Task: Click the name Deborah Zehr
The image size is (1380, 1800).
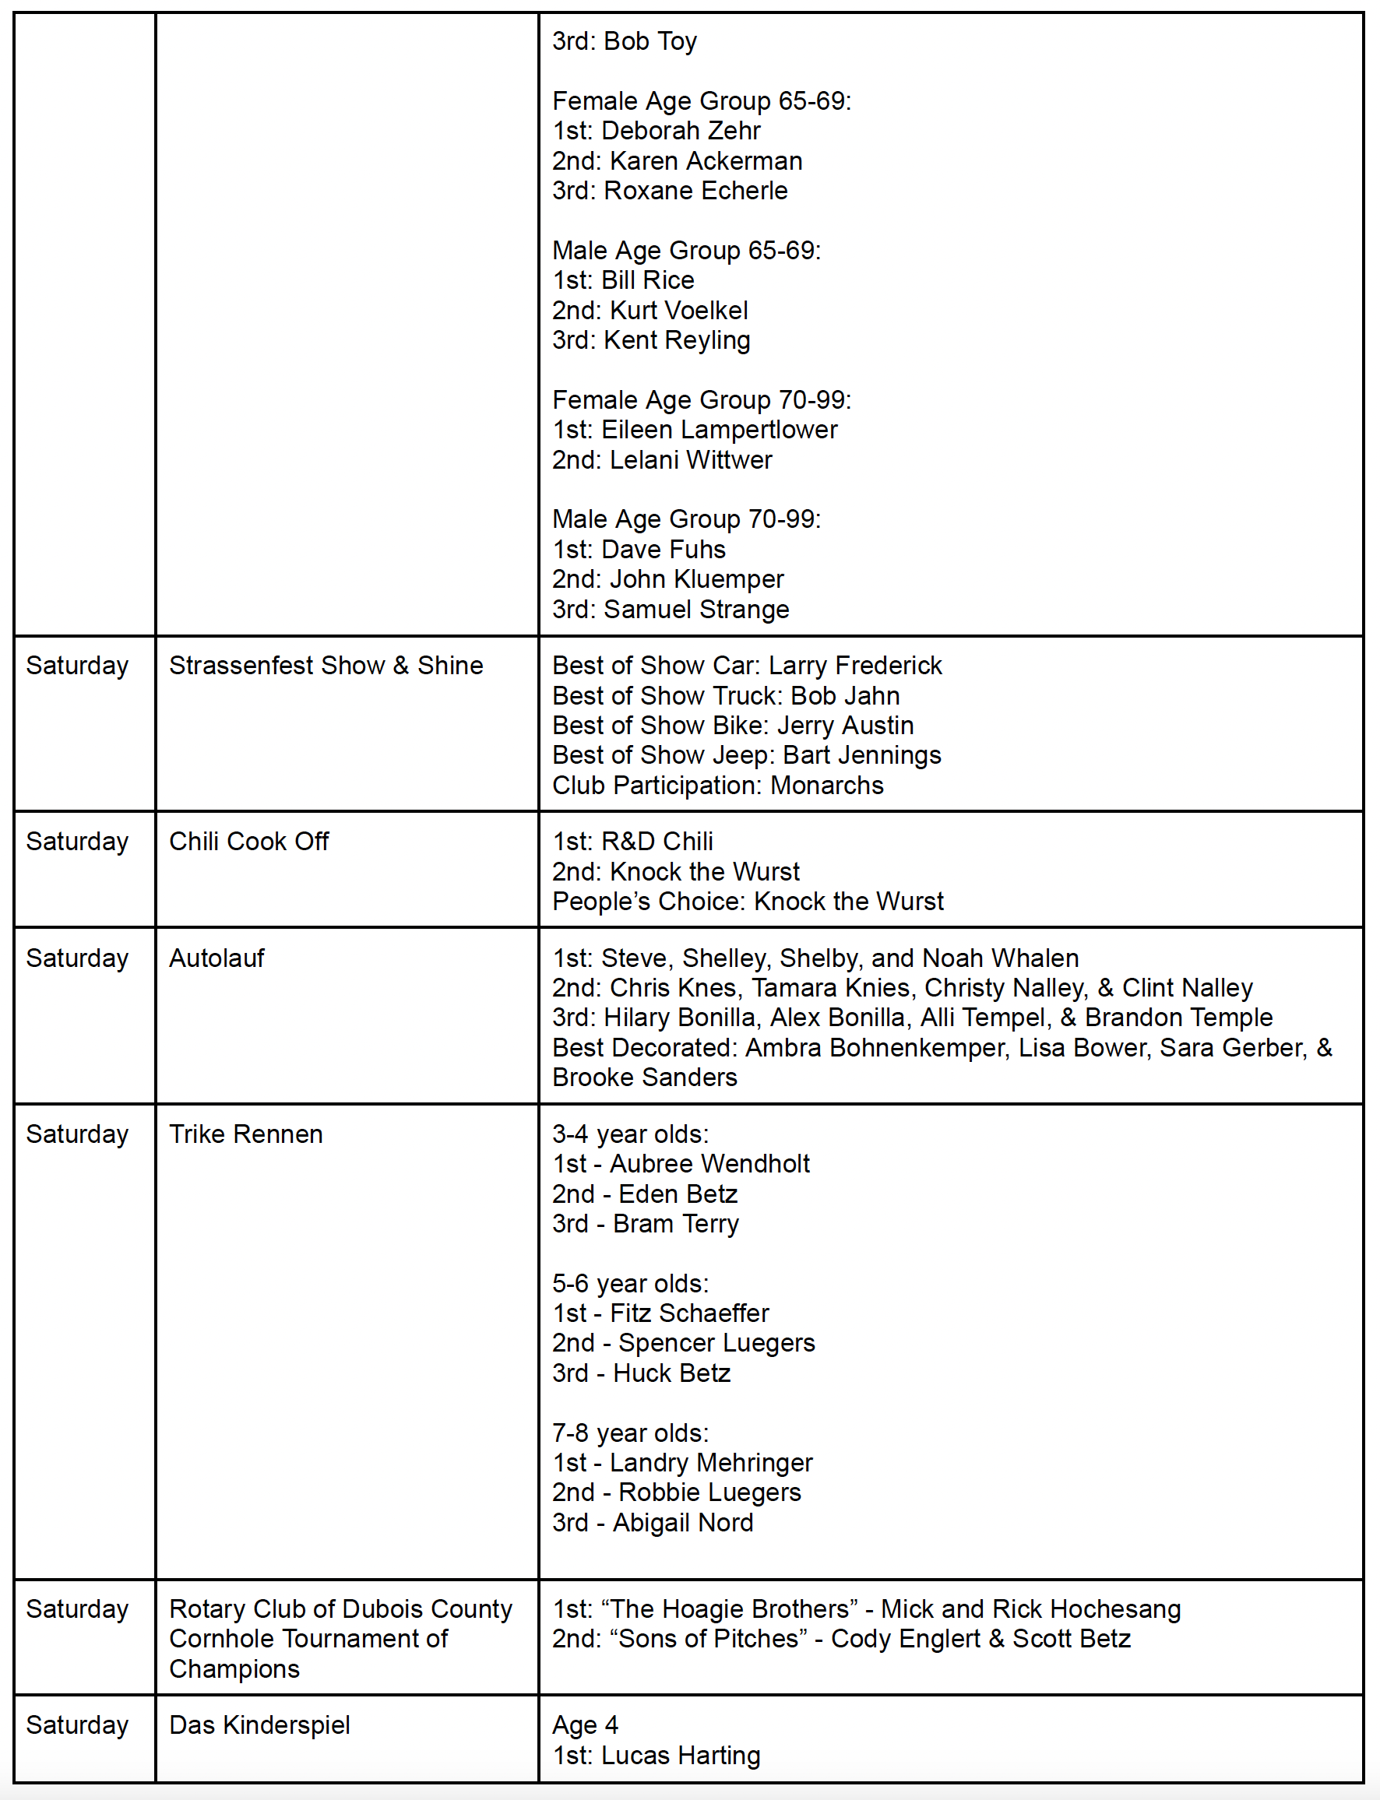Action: (x=680, y=131)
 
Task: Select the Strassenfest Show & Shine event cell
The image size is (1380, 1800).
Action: (x=326, y=665)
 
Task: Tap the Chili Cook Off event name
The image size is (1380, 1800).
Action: (x=249, y=841)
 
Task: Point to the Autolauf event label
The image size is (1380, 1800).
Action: (x=217, y=958)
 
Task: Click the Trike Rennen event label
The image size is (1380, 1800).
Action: (x=245, y=1134)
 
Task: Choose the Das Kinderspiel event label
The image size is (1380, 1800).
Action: (x=259, y=1724)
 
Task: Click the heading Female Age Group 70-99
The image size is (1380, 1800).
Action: (x=702, y=400)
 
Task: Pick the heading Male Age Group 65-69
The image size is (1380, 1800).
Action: (x=686, y=251)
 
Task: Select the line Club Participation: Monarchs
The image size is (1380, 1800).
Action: (x=717, y=785)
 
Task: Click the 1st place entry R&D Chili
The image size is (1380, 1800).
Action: (x=657, y=841)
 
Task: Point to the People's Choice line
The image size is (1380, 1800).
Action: (x=748, y=901)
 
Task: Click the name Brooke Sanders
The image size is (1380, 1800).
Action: (x=645, y=1077)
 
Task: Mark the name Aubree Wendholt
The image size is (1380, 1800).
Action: (x=709, y=1164)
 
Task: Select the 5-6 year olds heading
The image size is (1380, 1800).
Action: (x=630, y=1284)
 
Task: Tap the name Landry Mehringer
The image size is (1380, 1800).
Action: (x=710, y=1462)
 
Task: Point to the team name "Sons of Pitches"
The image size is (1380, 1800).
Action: (x=709, y=1638)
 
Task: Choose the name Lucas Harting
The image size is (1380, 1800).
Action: (x=680, y=1755)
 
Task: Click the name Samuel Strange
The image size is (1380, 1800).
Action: (x=695, y=610)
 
